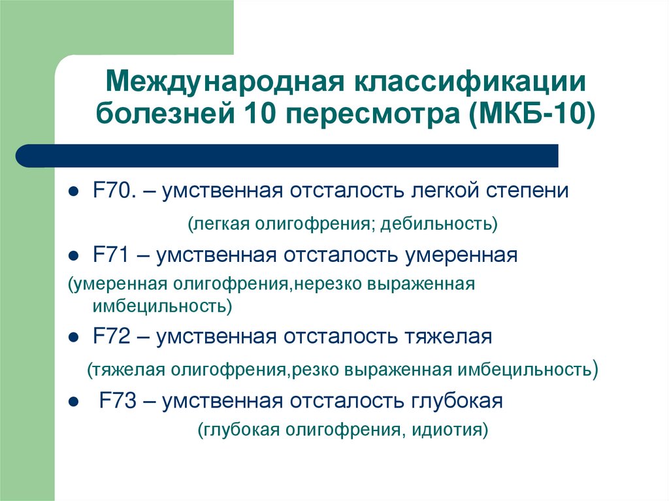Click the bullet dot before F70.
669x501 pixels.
pos(74,192)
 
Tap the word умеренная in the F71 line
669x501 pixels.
pos(461,255)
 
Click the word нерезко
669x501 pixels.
pos(330,285)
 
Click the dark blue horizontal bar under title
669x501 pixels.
pos(287,155)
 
